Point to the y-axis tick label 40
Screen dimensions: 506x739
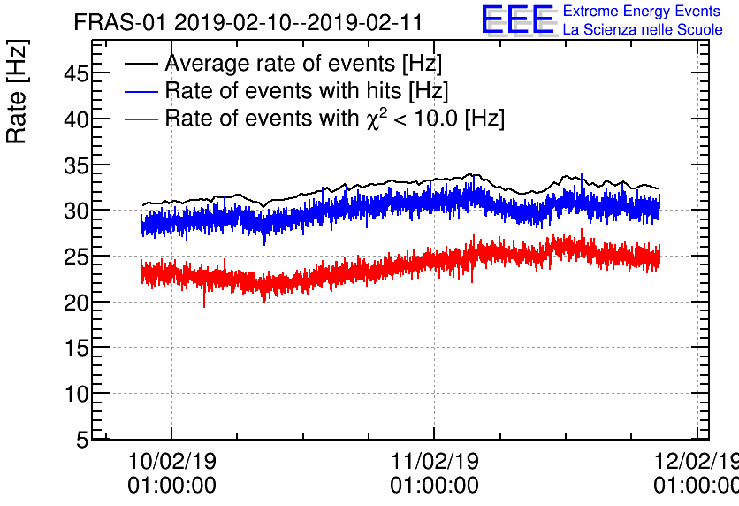tap(76, 119)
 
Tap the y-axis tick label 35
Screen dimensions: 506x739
tap(76, 165)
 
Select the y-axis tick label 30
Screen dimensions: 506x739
tap(76, 211)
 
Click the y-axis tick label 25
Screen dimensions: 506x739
tap(76, 257)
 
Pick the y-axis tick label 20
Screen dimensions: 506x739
tap(76, 303)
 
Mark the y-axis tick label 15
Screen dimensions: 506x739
tap(76, 348)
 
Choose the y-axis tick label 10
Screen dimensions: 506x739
tap(76, 394)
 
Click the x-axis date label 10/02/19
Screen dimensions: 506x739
tap(171, 462)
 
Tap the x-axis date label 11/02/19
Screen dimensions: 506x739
tap(434, 462)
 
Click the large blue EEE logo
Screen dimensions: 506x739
tap(519, 20)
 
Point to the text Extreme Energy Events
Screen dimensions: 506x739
tap(641, 11)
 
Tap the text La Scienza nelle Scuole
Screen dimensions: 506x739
tap(643, 30)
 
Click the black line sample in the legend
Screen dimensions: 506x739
tap(142, 64)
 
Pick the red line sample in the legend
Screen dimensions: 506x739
tap(142, 118)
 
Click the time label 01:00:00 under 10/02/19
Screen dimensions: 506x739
tap(171, 486)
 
